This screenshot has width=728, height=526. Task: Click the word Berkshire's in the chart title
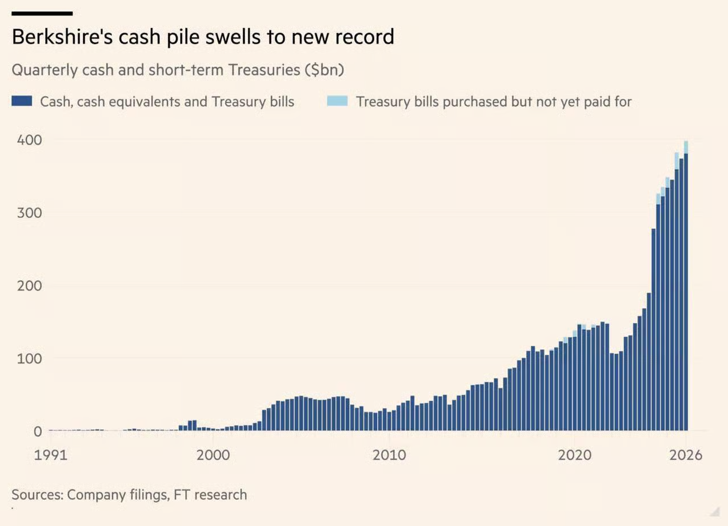tap(62, 37)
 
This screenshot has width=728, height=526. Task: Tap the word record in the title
tap(365, 37)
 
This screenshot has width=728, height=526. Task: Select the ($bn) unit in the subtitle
tap(324, 70)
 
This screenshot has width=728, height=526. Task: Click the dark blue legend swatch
tap(22, 101)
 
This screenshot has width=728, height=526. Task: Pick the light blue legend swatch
tap(337, 101)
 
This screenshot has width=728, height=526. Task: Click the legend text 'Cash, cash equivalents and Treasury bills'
tap(167, 102)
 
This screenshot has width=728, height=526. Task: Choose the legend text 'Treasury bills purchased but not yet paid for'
tap(494, 102)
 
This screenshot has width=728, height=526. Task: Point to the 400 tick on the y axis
tap(29, 140)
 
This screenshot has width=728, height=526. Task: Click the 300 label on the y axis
tap(29, 213)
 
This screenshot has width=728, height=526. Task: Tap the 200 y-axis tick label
tap(29, 286)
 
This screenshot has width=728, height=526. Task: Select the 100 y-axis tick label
tap(29, 358)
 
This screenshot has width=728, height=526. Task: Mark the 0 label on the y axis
tap(38, 432)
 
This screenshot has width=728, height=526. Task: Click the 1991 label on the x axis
tap(50, 455)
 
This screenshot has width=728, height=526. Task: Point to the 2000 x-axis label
tap(213, 455)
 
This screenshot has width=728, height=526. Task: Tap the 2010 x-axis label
tap(389, 455)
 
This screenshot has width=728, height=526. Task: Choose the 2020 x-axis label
tap(575, 455)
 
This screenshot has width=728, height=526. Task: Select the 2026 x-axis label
tap(686, 455)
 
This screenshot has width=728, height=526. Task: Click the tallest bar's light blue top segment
tap(686, 148)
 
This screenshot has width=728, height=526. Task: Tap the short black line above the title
tap(42, 14)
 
